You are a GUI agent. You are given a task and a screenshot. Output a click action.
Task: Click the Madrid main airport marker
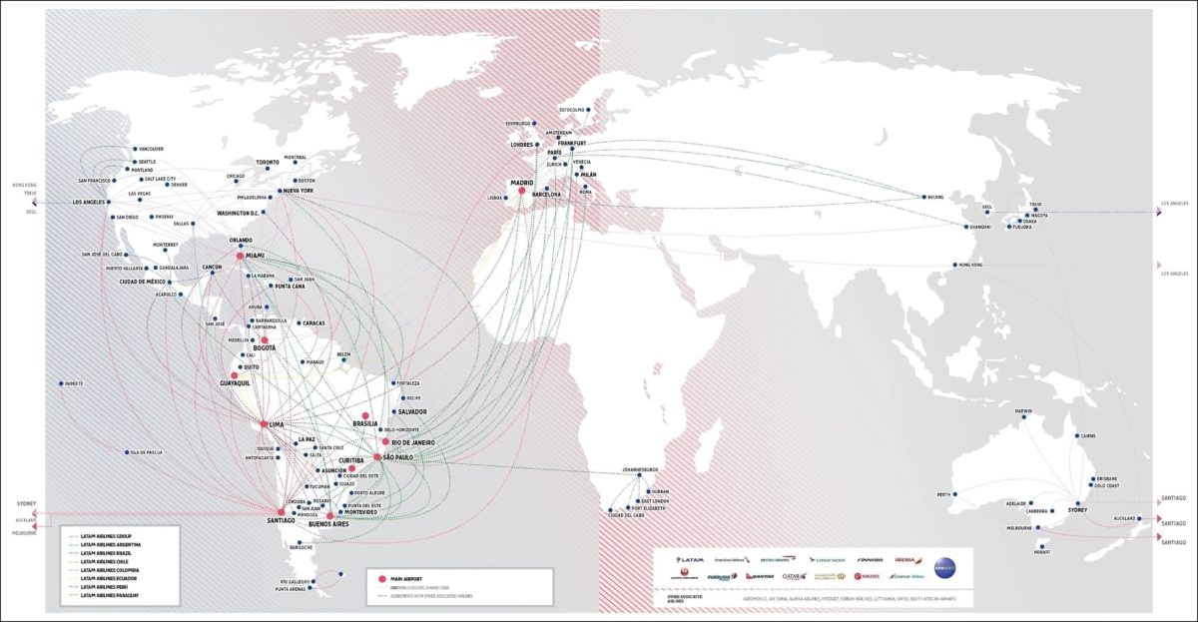pyautogui.click(x=520, y=191)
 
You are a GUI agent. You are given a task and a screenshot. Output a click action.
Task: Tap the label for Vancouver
pyautogui.click(x=151, y=149)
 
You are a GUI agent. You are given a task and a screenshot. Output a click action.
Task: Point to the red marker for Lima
pyautogui.click(x=265, y=424)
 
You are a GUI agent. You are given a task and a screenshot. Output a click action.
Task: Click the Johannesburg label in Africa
pyautogui.click(x=639, y=469)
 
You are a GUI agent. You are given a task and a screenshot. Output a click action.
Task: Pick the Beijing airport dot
pyautogui.click(x=924, y=197)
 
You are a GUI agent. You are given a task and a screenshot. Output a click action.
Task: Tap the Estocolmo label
pyautogui.click(x=571, y=109)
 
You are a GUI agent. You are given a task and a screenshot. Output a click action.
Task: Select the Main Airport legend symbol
pyautogui.click(x=382, y=579)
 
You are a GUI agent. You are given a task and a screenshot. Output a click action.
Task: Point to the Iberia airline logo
pyautogui.click(x=906, y=560)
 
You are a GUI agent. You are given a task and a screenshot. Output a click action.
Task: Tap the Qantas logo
pyautogui.click(x=760, y=576)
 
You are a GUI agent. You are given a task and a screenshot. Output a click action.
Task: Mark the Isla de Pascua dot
pyautogui.click(x=128, y=452)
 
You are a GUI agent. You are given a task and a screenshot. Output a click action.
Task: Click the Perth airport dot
pyautogui.click(x=954, y=494)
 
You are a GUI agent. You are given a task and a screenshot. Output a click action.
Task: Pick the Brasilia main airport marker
pyautogui.click(x=365, y=415)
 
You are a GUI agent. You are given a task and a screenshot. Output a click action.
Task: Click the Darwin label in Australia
pyautogui.click(x=1023, y=411)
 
